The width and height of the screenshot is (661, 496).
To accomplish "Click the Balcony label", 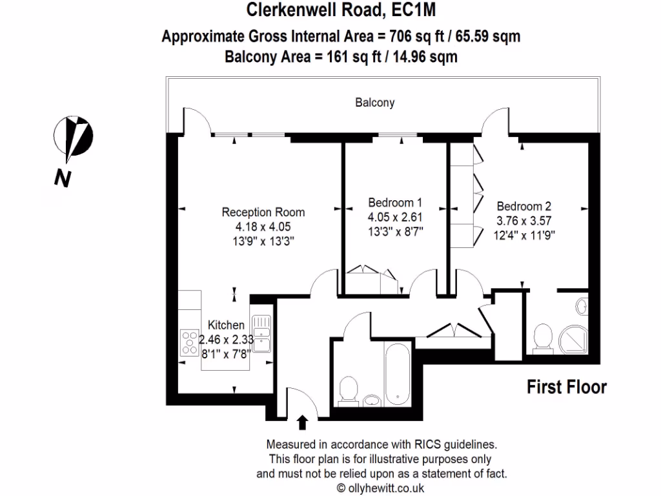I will click(374, 103).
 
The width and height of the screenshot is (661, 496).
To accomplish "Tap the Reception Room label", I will click(263, 212).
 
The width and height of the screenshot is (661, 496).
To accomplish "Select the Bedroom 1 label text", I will click(395, 201).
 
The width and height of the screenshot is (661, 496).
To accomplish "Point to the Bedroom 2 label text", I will click(524, 207).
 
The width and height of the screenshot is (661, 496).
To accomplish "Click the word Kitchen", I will click(226, 325).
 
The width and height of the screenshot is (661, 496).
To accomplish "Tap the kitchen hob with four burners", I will click(190, 342).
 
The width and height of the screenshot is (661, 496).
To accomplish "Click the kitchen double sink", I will click(261, 333).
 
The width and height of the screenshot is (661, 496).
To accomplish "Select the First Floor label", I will click(567, 387).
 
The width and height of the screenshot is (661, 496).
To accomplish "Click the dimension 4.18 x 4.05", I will click(263, 227).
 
